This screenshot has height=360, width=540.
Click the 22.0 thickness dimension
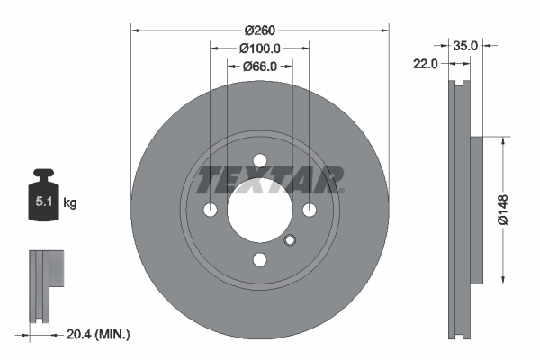coord(426,64)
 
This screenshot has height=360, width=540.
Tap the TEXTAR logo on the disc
coord(270,180)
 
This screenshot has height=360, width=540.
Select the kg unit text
coord(70,203)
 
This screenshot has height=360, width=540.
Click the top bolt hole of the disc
coord(260,161)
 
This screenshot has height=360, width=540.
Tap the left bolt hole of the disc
coord(211,211)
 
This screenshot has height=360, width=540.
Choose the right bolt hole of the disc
coord(310,211)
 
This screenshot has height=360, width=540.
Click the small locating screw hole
coord(290,239)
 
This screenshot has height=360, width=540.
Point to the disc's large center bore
coord(260,211)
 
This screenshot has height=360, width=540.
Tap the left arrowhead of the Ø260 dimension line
coord(136,29)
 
